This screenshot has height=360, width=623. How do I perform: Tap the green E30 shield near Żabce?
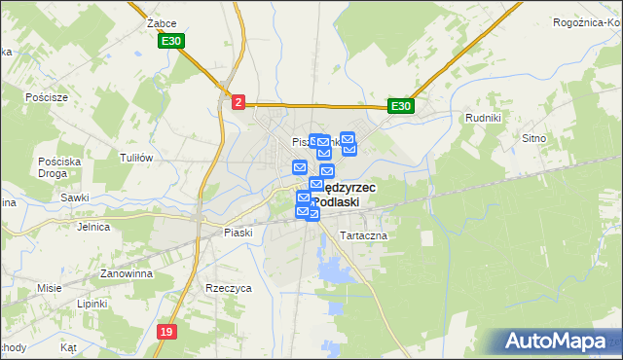(172, 42)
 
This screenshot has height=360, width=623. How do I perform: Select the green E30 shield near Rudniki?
(400, 106)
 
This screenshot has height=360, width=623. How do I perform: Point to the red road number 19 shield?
(166, 332)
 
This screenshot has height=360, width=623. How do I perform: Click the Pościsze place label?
(48, 98)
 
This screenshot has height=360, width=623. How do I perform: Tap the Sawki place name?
(74, 197)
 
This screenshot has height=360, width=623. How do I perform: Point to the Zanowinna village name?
(127, 274)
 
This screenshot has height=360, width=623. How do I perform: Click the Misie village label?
(50, 288)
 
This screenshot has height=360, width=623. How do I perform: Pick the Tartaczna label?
(364, 236)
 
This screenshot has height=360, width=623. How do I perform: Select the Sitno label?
(562, 139)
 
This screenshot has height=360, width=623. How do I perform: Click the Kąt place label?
(67, 346)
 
